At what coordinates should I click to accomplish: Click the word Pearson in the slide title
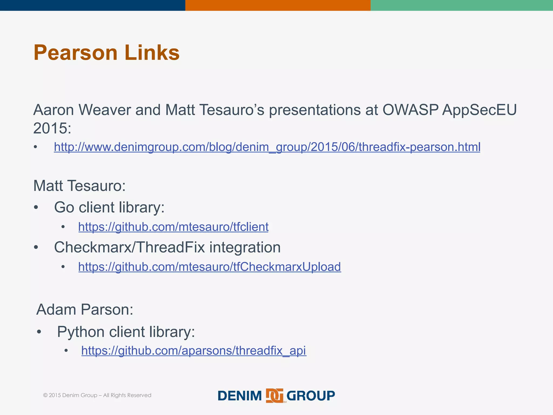[75, 53]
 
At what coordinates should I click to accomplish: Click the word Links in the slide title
[152, 53]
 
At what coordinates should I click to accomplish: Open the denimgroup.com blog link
[267, 147]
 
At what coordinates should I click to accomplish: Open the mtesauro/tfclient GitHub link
[173, 227]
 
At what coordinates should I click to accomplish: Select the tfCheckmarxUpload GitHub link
[210, 267]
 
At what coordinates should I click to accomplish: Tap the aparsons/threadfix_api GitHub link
[194, 350]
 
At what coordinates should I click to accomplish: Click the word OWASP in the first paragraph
[410, 110]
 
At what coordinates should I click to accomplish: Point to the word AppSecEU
[479, 110]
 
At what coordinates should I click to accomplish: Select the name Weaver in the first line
[104, 110]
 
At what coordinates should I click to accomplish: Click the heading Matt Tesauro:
[79, 186]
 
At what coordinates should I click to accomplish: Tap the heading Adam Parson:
[85, 309]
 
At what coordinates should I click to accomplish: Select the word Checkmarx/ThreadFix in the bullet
[129, 247]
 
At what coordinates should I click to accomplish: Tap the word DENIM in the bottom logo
[240, 396]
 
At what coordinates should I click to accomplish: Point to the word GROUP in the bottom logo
[311, 396]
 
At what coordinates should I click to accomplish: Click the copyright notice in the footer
[97, 395]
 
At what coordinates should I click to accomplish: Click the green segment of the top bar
[462, 5]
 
